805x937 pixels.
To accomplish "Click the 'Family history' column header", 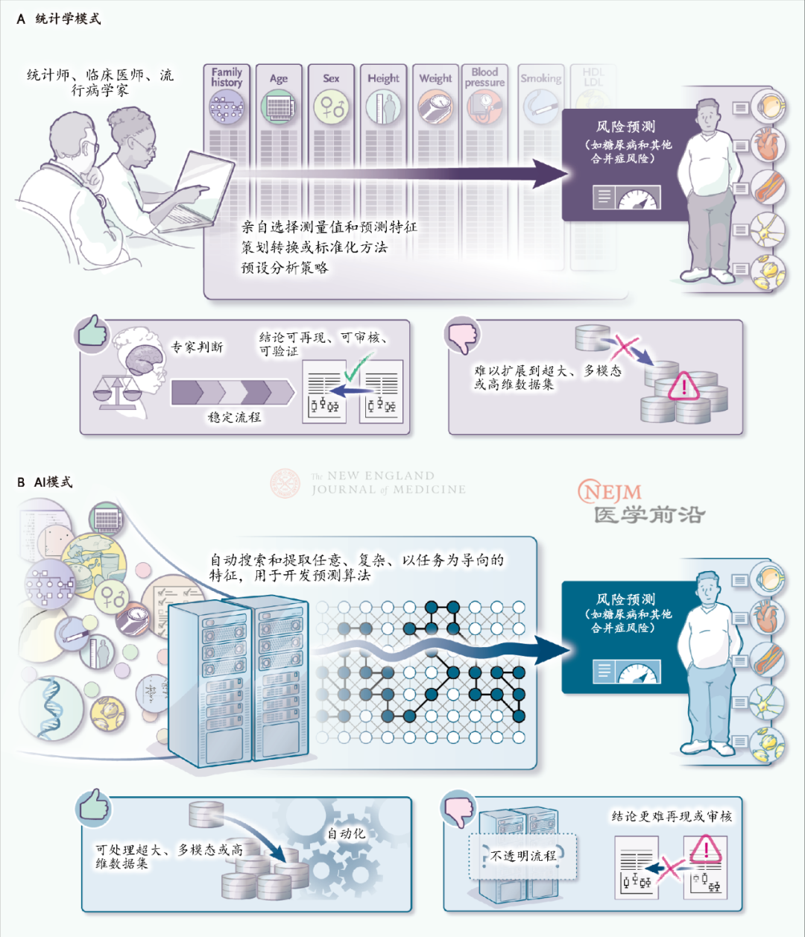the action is [227, 78].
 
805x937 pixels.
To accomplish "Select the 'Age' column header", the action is [279, 78].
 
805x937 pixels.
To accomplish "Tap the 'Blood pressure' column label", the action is [484, 78].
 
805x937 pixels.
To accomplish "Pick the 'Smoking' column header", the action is [540, 78].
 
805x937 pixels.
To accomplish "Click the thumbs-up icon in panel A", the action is [92, 332].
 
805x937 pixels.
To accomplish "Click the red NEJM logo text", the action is [610, 492].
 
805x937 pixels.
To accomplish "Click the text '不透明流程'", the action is [523, 856].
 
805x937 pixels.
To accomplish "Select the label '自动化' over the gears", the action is [347, 833].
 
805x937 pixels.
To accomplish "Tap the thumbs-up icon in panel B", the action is [94, 806].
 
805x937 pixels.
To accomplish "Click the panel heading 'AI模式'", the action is [54, 482].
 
